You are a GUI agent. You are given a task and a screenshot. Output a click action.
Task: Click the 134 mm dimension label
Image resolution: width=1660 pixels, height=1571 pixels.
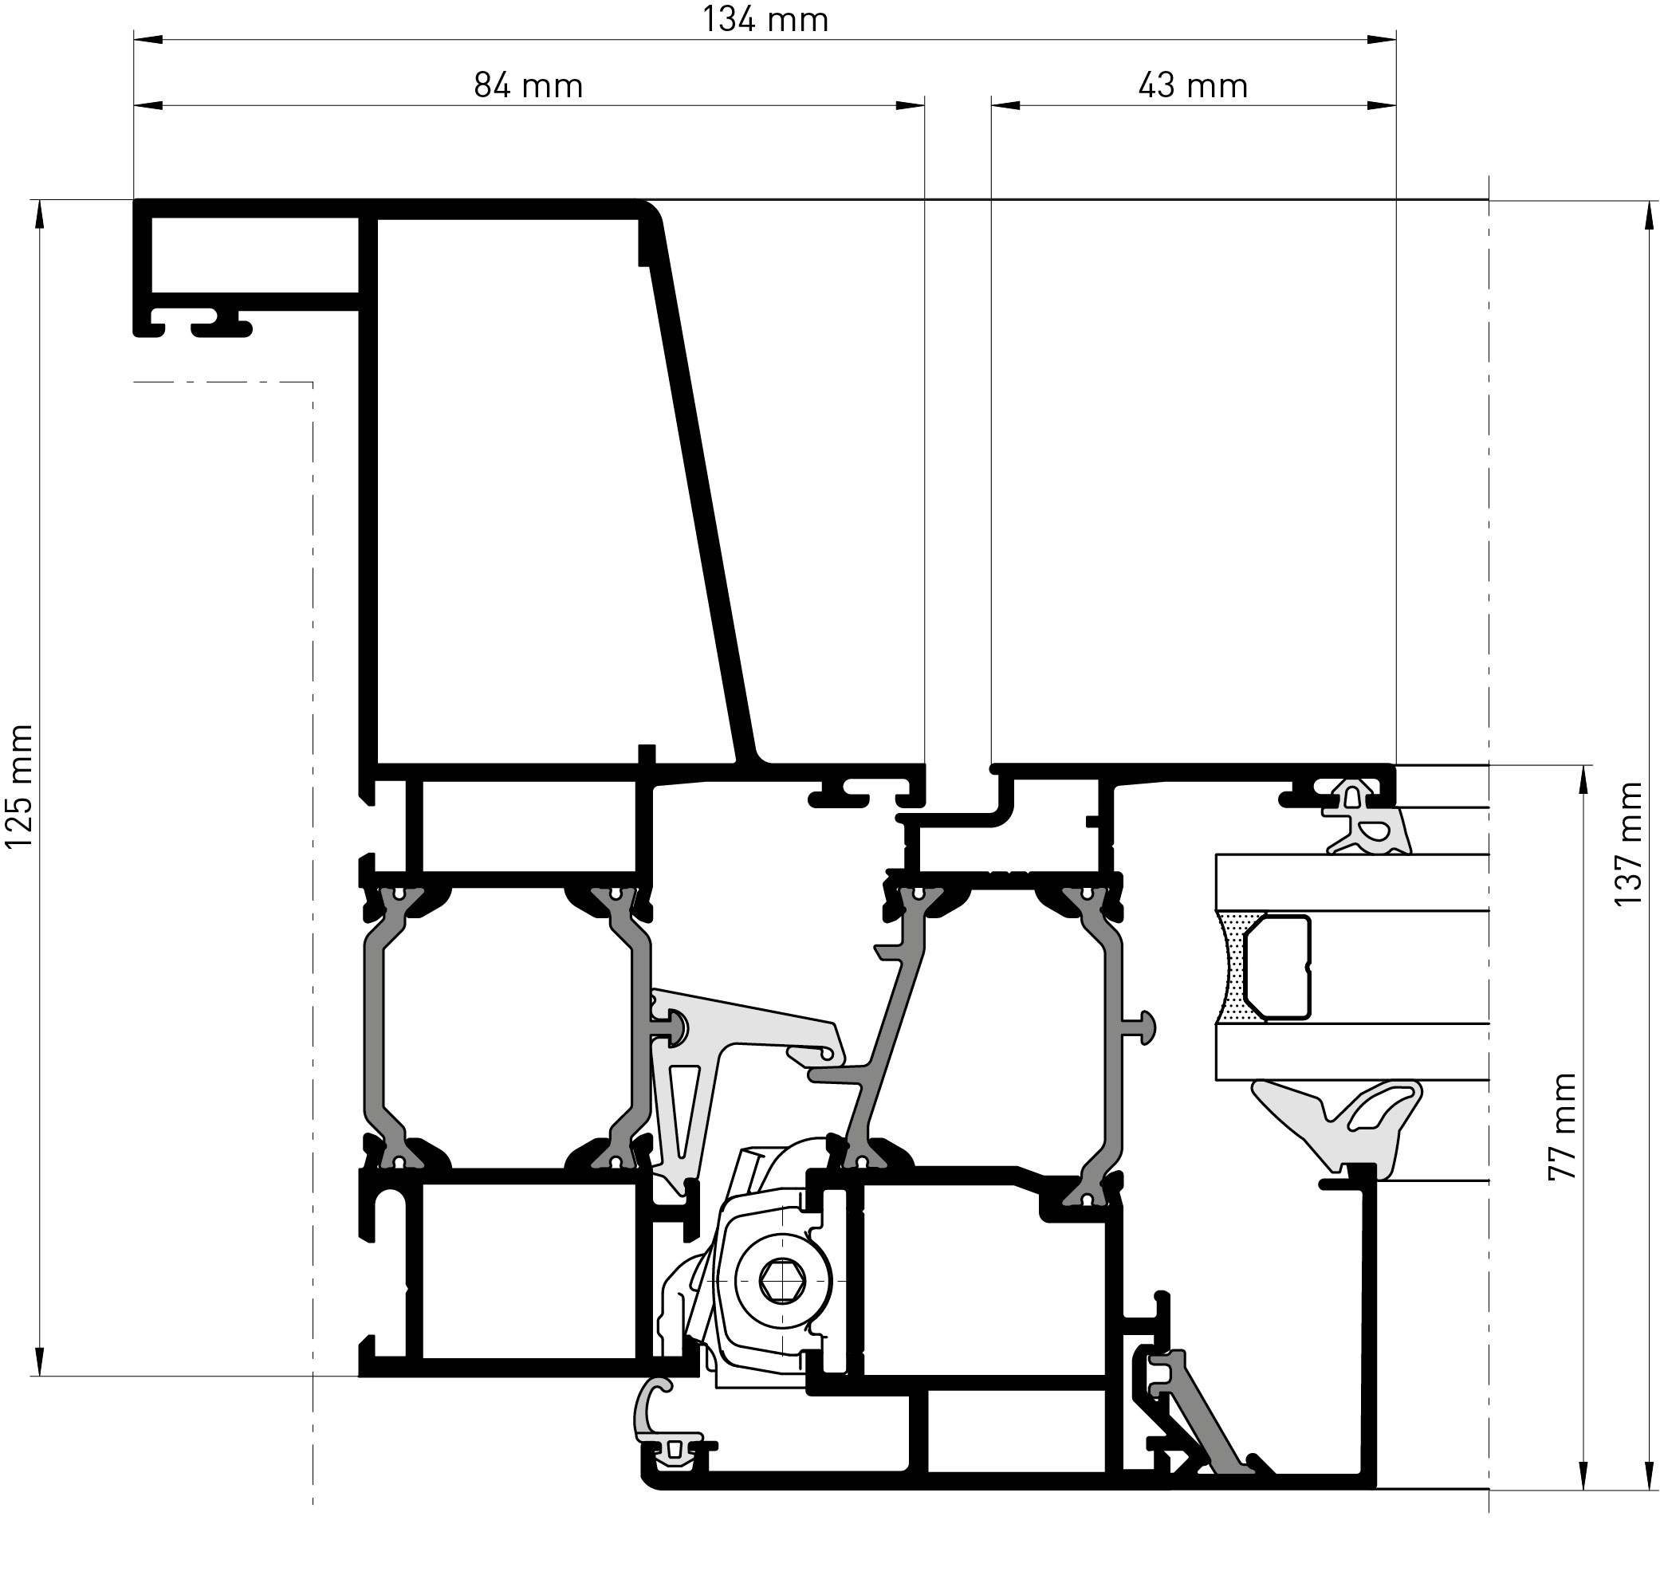point(765,19)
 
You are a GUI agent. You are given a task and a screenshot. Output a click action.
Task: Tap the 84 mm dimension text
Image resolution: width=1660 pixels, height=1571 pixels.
point(529,85)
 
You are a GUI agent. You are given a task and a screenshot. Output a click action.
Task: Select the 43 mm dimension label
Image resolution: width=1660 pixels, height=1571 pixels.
point(1193,85)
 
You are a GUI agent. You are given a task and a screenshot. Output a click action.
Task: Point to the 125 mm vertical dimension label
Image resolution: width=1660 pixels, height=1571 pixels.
point(19,787)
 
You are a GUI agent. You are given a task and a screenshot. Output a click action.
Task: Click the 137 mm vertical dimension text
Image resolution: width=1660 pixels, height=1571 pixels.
point(1629,843)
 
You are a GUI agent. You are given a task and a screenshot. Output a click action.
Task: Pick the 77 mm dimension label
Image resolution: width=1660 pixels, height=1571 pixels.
point(1563,1126)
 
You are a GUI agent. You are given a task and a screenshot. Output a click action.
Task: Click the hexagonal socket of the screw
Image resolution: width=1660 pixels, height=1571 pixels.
point(782,1280)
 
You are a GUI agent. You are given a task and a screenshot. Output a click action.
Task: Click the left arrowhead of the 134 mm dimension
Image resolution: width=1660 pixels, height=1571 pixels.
point(148,39)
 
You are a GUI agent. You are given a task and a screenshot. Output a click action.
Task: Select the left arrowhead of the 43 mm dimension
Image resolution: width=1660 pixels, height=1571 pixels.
point(1006,105)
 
